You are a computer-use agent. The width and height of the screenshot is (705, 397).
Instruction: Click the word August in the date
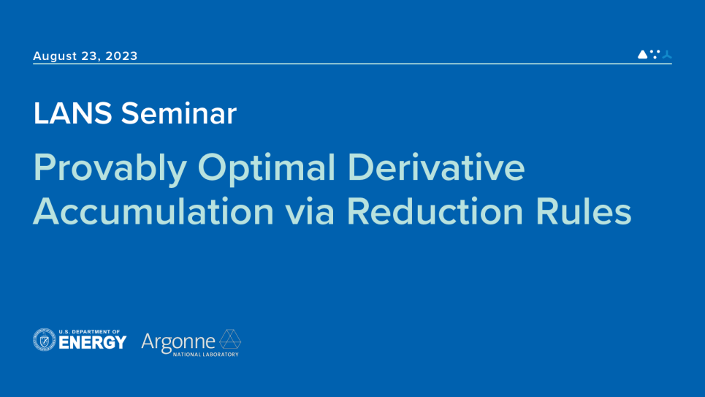click(x=55, y=56)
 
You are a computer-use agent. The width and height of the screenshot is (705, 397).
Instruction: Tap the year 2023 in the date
click(x=121, y=56)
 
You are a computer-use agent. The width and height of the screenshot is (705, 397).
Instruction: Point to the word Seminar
click(x=178, y=113)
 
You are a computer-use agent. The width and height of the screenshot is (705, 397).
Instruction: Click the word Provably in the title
click(x=110, y=168)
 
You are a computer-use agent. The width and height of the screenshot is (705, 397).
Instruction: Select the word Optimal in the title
click(x=267, y=168)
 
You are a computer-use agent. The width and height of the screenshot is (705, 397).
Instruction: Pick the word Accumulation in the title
click(x=153, y=211)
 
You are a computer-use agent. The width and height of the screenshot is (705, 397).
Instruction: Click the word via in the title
click(x=310, y=211)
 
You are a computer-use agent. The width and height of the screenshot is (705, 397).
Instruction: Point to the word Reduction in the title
click(x=435, y=211)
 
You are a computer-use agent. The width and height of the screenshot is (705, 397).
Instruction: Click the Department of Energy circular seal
click(x=45, y=340)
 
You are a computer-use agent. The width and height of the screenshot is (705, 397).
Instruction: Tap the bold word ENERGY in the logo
click(x=93, y=343)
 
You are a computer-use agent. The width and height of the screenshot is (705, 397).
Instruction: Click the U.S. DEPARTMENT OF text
click(x=89, y=332)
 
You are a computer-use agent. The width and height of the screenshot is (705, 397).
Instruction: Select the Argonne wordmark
click(x=178, y=342)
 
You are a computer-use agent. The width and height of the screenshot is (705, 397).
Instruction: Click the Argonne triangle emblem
click(x=230, y=339)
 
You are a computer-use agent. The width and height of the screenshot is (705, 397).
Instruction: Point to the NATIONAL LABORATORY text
click(x=206, y=355)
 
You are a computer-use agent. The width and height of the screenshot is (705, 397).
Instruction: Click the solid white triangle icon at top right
click(x=642, y=54)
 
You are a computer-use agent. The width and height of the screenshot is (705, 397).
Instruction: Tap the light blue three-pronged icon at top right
click(x=667, y=54)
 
